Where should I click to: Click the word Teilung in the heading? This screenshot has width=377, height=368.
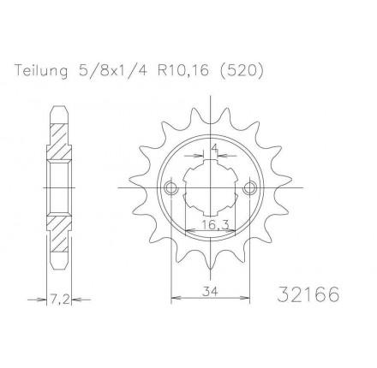pyautogui.click(x=41, y=71)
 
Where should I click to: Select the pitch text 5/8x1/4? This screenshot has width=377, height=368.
pyautogui.click(x=112, y=71)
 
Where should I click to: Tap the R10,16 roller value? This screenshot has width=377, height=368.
pyautogui.click(x=183, y=71)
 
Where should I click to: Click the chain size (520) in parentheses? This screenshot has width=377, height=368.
pyautogui.click(x=240, y=71)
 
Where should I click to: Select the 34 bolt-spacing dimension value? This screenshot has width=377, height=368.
pyautogui.click(x=210, y=291)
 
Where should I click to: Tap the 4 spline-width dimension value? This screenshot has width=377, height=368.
pyautogui.click(x=215, y=148)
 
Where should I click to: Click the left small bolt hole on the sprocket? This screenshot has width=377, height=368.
pyautogui.click(x=171, y=187)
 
